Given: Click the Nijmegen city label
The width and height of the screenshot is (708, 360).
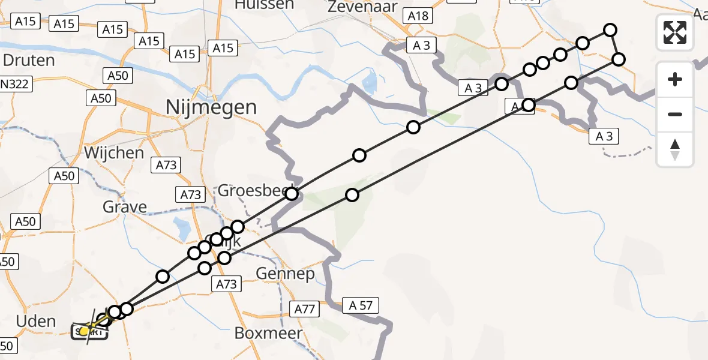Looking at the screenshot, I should click(x=212, y=108).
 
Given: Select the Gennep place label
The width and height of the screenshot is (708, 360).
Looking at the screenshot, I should click(x=285, y=274).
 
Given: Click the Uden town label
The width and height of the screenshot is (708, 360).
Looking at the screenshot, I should click(x=35, y=321).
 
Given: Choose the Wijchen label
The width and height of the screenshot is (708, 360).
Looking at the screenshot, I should click(x=114, y=153).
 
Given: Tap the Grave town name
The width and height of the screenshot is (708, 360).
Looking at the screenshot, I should click(x=125, y=208).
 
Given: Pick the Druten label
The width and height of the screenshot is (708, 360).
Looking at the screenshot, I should click(x=29, y=61).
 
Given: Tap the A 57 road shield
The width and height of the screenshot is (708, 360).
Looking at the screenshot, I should click(x=360, y=306).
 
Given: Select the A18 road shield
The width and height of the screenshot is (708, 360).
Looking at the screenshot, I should click(x=418, y=16).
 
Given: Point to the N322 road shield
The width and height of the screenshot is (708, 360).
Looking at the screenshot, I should click(x=14, y=85).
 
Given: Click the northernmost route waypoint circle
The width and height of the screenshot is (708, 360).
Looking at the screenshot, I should click(x=610, y=29).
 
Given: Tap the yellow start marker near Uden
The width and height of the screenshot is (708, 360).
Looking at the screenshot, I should click(x=85, y=331).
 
